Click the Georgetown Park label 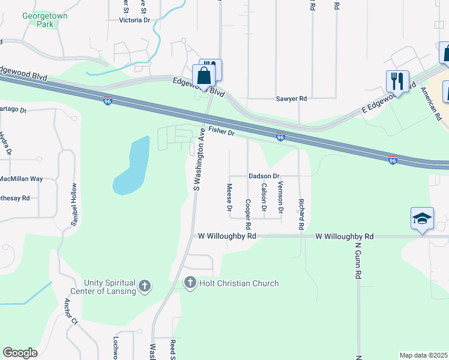pos(45,20)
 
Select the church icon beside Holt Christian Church pos(190,283)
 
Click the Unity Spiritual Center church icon pos(145,287)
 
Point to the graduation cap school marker pos(422,218)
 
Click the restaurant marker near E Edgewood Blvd pos(397,81)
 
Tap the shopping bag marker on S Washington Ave pos(204,76)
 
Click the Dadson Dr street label pos(264,176)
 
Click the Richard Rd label pos(301,215)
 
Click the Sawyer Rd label pos(291,98)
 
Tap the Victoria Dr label pos(134,20)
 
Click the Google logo pos(20,353)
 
